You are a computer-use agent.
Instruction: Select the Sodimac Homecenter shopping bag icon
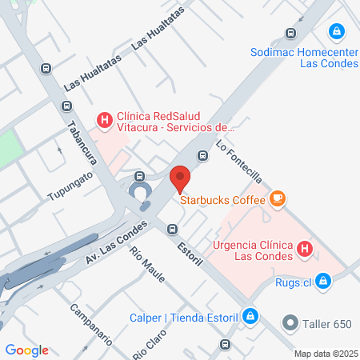(x=338, y=32)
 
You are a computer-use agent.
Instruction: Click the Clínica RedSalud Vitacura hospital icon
(x=104, y=121)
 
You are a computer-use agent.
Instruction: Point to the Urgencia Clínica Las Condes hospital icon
(x=304, y=250)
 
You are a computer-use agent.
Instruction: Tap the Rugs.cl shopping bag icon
(x=323, y=282)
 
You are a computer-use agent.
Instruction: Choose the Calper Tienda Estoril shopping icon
(x=251, y=316)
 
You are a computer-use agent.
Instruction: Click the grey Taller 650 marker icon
(x=289, y=325)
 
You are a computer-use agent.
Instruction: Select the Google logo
(x=27, y=350)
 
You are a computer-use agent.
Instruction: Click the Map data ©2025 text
(x=324, y=353)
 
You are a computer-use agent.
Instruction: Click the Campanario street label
(x=89, y=323)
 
